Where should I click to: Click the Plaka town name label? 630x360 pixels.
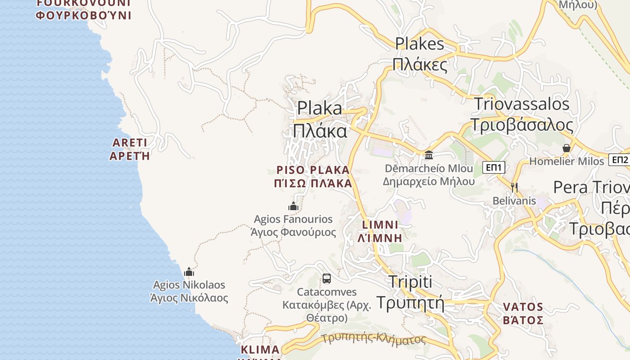pos(320,119)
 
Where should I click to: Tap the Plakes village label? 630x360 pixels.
pos(420,54)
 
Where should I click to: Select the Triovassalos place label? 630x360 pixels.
pos(522,114)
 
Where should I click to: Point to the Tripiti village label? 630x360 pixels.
pos(410,292)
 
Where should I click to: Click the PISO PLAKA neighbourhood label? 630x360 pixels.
pos(313,176)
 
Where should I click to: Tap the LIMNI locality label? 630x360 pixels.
pos(380,231)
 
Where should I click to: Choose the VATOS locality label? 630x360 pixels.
pos(523,313)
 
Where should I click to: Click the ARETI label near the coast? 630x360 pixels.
pos(130,149)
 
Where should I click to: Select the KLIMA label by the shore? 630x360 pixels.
pos(260,350)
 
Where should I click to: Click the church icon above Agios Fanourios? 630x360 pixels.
pos(293,206)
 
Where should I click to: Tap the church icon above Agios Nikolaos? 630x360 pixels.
pos(189,272)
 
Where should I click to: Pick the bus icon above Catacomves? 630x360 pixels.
pos(327,279)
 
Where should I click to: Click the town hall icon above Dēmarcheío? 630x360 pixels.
pos(429,155)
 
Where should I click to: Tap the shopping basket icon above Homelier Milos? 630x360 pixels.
pos(566,148)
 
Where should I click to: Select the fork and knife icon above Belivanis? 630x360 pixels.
pos(513,187)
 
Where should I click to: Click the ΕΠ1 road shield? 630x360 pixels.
pos(494,168)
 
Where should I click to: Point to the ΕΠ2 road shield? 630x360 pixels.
pos(620,160)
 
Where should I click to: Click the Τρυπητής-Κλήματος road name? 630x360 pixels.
pos(374,338)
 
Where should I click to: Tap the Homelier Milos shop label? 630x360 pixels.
pos(567,161)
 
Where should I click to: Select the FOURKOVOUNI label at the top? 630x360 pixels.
pos(83,9)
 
